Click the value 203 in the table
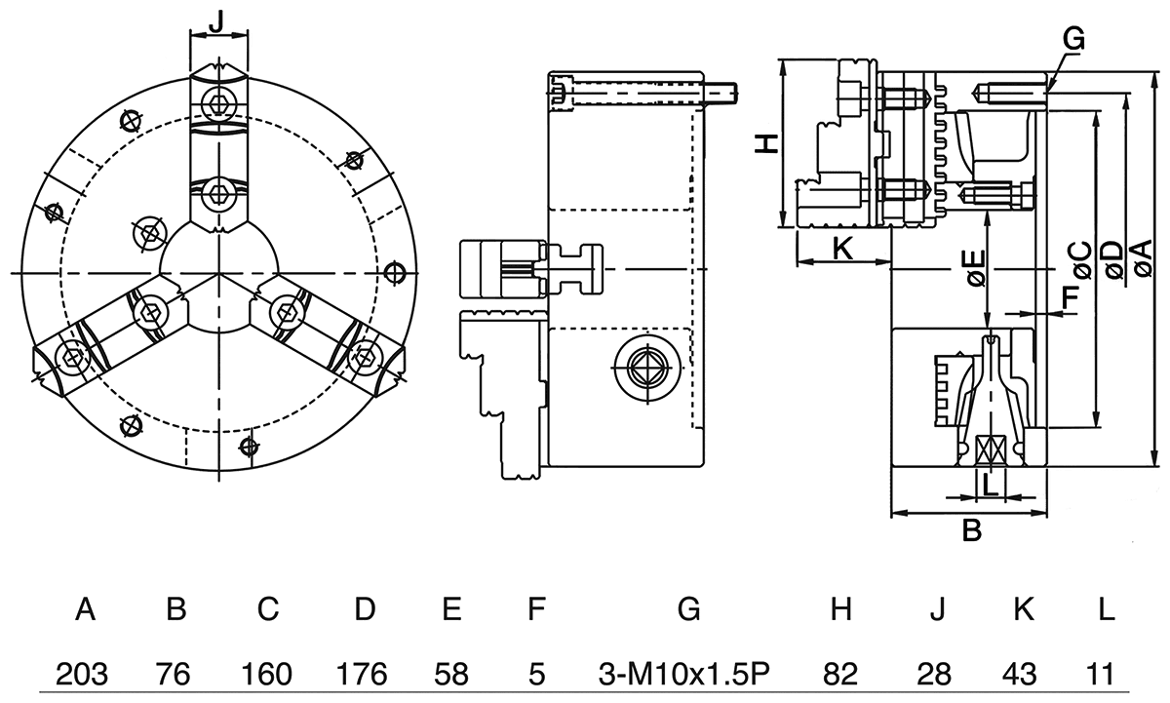coord(82,673)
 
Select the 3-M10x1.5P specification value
coord(687,673)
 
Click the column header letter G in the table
coord(687,610)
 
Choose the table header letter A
coord(85,610)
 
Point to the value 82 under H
coord(840,673)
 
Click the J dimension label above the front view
coord(218,20)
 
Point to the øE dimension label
coord(976,267)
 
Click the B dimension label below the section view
coord(971,531)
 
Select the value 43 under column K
coord(1022,673)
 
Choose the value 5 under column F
coord(535,673)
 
